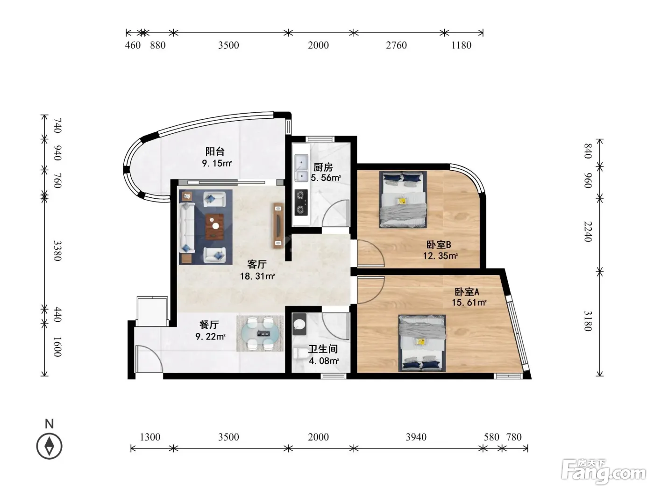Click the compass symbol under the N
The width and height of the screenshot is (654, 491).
tap(49, 446)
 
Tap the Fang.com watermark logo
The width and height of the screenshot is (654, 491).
tap(604, 472)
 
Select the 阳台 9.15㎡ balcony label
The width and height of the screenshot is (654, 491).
tap(217, 157)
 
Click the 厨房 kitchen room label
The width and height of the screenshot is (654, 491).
tap(323, 167)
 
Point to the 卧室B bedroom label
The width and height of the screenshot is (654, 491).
tap(439, 245)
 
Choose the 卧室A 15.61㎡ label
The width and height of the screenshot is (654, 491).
tap(469, 297)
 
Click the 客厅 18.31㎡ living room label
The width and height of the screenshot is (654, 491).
tap(257, 270)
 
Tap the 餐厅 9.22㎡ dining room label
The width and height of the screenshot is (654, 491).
tap(210, 330)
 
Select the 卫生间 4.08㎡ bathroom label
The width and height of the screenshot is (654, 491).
tap(323, 355)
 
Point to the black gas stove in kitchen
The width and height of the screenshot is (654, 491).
tap(301, 202)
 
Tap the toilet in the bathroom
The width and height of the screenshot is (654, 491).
tap(299, 353)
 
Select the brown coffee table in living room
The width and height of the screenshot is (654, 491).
tap(214, 226)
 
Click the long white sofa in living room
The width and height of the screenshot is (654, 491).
tap(187, 228)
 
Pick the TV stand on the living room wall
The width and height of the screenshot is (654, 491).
tap(279, 225)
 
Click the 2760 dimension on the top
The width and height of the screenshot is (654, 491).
tap(396, 45)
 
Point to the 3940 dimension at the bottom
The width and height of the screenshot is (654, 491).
tap(416, 437)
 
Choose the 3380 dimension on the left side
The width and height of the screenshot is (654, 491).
tap(57, 251)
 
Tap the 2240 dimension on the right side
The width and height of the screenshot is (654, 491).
tap(588, 231)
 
